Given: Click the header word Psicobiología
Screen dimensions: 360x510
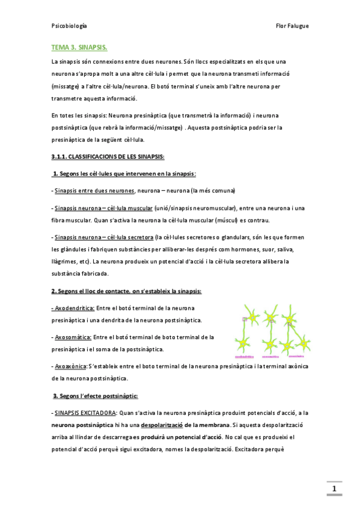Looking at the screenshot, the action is coord(70,26).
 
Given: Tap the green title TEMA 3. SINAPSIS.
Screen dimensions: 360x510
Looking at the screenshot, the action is coord(80,47).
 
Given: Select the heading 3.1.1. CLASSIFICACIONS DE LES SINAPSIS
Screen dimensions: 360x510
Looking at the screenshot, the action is coord(108,157).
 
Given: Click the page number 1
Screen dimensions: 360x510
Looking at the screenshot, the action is coord(334,488).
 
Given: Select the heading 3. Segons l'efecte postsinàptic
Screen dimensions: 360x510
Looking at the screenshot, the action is coord(96,396).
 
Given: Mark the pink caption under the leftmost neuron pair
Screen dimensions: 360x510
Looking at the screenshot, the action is coord(249,357).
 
